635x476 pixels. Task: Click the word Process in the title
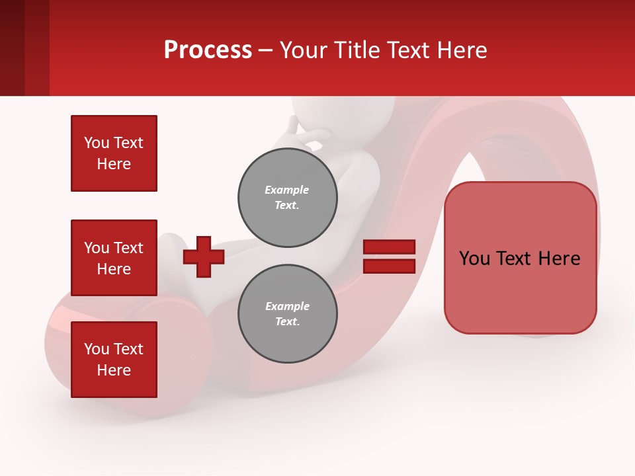click(x=208, y=50)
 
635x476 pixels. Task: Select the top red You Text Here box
click(x=114, y=153)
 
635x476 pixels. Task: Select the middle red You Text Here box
click(x=114, y=258)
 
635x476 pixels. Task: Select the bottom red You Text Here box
click(x=114, y=360)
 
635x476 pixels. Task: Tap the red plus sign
click(x=204, y=257)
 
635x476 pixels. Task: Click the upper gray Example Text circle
click(x=288, y=198)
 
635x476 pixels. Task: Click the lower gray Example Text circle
click(x=288, y=314)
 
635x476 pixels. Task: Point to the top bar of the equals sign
click(x=390, y=247)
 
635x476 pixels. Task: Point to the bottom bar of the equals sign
click(x=390, y=266)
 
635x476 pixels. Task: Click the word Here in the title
click(x=462, y=50)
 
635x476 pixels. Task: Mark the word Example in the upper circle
click(x=287, y=190)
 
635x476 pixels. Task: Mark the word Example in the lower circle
click(x=287, y=307)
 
